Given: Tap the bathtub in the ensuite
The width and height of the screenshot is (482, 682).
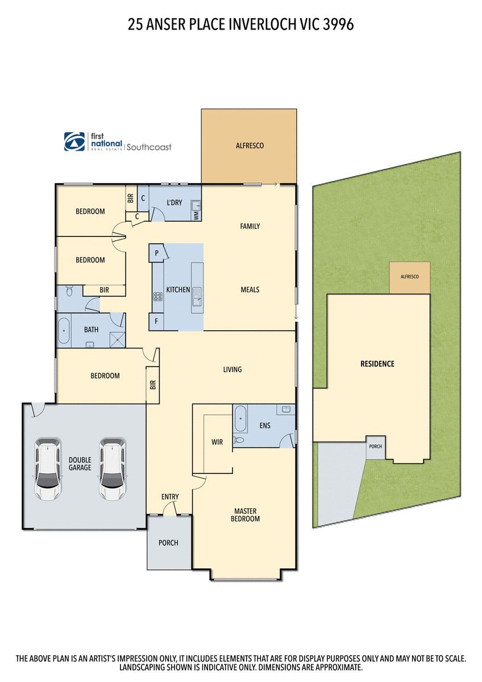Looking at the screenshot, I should coord(240,419).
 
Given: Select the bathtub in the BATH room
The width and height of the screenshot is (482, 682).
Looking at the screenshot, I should coord(63,330).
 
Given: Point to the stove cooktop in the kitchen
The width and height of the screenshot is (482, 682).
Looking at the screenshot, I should coord(157,296).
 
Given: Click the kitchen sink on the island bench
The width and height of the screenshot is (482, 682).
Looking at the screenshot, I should coord(197,296).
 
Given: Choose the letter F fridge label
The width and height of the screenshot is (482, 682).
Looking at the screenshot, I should coord(156,322).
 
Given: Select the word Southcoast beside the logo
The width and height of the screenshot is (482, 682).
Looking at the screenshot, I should coord(148,147).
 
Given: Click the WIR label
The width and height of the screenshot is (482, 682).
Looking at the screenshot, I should coord(217,442).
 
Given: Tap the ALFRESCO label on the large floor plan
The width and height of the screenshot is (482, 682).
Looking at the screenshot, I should coord(250,146).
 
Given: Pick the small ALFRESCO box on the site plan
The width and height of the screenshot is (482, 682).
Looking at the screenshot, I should coord(409,278).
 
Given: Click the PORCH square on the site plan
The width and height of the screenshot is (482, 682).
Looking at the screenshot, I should coord(375,447).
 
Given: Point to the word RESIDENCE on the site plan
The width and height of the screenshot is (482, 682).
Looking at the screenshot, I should coord(377,364).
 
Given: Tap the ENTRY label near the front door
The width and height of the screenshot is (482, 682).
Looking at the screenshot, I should coord(170,497).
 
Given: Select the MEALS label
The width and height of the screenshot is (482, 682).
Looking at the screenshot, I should coord(250,290).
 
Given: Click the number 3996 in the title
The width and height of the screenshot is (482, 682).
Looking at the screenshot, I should coord(339,24).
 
